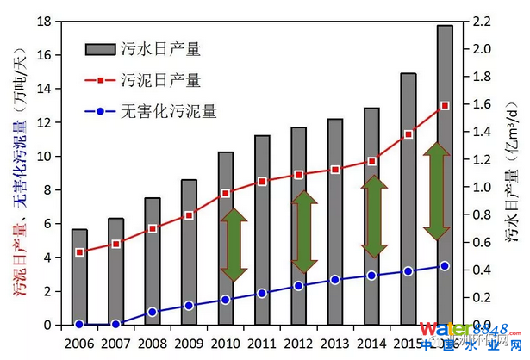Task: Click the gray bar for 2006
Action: pyautogui.click(x=79, y=277)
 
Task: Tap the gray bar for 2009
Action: pyautogui.click(x=189, y=252)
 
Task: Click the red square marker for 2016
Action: pyautogui.click(x=445, y=106)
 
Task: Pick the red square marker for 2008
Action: pyautogui.click(x=153, y=228)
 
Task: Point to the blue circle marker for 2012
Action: pyautogui.click(x=298, y=286)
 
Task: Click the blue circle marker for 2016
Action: pyautogui.click(x=445, y=266)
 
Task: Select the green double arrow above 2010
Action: pyautogui.click(x=234, y=245)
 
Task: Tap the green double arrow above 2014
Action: pyautogui.click(x=372, y=216)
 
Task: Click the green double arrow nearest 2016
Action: pyautogui.click(x=437, y=190)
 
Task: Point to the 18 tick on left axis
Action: pyautogui.click(x=48, y=22)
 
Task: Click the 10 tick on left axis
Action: pyautogui.click(x=48, y=156)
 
